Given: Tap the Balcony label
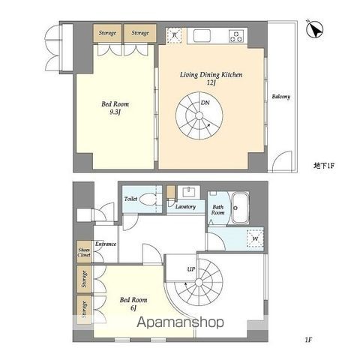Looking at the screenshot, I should [280, 97].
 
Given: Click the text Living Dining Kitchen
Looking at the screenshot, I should [211, 76].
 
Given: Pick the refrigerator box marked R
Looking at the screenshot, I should [174, 35].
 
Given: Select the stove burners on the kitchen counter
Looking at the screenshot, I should [238, 34].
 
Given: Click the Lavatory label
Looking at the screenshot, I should [186, 206].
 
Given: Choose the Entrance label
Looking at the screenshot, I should [105, 244].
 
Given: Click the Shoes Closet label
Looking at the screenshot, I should [83, 253].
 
